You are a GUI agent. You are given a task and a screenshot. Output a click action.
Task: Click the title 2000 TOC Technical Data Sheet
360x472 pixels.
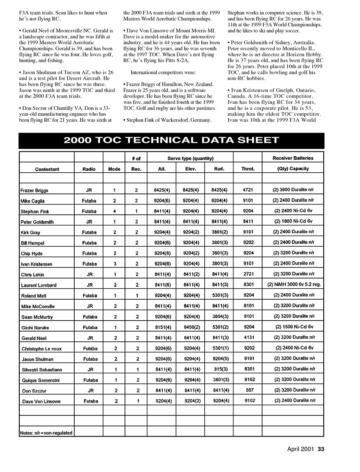[x=171, y=140]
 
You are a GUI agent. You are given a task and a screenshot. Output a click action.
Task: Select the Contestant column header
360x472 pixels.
[x=47, y=169]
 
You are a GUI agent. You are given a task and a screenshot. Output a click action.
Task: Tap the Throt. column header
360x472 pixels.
[x=248, y=169]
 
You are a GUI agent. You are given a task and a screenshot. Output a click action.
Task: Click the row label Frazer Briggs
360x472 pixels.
[x=34, y=190]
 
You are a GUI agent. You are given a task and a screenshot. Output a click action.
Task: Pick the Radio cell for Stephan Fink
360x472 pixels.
[x=89, y=212]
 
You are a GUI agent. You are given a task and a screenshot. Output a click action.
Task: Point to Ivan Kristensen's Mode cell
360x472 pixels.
[x=114, y=264]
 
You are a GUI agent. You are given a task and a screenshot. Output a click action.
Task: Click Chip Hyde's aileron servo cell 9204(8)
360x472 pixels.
[x=162, y=253]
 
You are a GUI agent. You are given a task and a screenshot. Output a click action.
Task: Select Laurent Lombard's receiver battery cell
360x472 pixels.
[x=293, y=285]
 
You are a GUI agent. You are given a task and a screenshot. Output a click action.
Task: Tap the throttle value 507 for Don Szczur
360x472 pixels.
[x=248, y=390]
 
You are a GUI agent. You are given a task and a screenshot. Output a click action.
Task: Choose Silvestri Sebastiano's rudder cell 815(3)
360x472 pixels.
[x=219, y=369]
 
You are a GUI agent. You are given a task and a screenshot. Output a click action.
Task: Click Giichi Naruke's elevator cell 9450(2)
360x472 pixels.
[x=191, y=327]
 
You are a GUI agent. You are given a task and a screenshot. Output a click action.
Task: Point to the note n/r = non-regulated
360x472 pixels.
[x=46, y=433]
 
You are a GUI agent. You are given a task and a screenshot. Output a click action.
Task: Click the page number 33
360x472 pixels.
[x=321, y=449]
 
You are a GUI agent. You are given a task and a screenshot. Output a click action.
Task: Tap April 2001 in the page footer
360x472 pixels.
[x=301, y=449]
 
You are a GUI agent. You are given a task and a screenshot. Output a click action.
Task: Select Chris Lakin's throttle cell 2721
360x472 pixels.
[x=248, y=274]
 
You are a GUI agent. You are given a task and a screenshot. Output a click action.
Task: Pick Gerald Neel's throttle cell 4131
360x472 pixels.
[x=248, y=337]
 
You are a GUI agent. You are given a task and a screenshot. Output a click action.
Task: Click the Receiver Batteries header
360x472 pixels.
[x=293, y=158]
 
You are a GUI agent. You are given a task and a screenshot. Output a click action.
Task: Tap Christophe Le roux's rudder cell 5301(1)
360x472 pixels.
[x=219, y=348]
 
